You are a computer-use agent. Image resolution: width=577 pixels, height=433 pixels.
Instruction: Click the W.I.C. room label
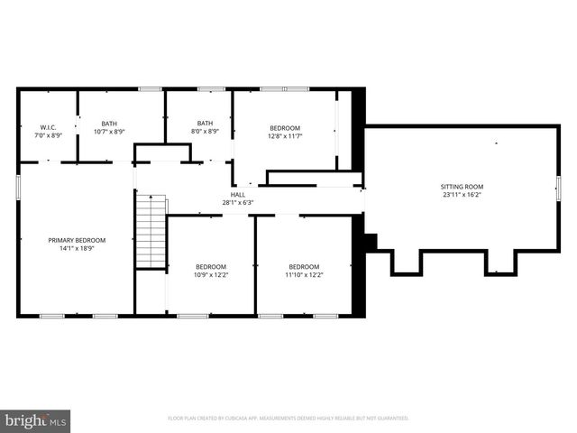pos(48,127)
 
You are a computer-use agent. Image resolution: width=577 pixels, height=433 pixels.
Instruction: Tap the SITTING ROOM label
pos(463,186)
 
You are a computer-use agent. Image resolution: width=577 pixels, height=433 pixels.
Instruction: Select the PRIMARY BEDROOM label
pos(77,240)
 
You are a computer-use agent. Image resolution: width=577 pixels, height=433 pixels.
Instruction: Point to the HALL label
pos(238,194)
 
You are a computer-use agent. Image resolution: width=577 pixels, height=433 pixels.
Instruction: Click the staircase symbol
pos(151,232)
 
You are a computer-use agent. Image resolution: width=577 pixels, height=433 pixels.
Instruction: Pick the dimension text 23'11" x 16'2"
pos(463,194)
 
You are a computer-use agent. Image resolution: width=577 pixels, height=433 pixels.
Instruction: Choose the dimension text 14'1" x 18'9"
pos(77,247)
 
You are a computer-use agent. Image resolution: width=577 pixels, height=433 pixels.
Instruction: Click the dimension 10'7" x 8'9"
pos(109,132)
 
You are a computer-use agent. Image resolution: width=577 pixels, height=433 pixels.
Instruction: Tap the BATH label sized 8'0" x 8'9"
pos(206,124)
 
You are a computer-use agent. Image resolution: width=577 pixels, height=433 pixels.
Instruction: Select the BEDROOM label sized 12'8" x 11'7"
pos(285,128)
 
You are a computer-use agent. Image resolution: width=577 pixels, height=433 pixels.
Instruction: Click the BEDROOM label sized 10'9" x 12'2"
pos(211,266)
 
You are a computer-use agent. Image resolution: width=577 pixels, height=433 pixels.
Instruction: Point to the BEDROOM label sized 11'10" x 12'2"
pos(304,266)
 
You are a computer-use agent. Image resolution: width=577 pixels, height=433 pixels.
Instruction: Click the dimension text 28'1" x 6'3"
pos(238,202)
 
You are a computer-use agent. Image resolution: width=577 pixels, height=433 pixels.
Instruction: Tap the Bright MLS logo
pos(37,419)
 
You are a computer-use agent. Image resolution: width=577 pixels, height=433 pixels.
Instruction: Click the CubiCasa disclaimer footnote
pos(288,419)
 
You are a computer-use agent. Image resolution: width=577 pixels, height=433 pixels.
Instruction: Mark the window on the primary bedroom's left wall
pos(18,184)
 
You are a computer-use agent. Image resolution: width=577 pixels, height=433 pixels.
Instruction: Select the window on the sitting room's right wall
pos(558,189)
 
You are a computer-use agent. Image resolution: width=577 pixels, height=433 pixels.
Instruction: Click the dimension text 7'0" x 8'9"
pos(48,135)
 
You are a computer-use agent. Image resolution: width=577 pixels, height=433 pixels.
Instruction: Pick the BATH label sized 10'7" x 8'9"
pos(109,124)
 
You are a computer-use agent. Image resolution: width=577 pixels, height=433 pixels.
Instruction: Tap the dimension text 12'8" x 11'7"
pos(285,136)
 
